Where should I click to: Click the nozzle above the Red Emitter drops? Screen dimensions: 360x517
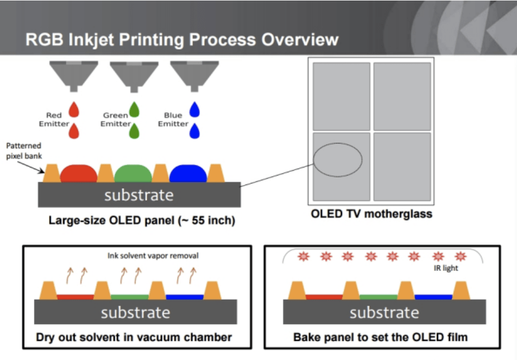point(74,75)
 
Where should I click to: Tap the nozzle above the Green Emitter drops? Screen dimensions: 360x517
point(134,75)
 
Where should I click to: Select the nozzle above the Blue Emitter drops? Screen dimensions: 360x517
point(194,75)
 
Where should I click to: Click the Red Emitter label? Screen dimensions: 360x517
point(54,119)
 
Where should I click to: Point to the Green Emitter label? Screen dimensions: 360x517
point(115,119)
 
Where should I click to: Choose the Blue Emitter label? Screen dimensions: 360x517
point(173,119)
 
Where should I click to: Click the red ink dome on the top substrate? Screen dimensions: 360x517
point(78,174)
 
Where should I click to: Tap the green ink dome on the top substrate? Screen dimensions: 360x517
point(133,174)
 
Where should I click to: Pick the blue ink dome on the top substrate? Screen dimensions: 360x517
point(188,174)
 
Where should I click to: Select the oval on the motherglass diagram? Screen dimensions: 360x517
point(337,159)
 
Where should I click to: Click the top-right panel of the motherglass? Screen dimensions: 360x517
point(402,96)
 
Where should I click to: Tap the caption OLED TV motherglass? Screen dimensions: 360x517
point(371,214)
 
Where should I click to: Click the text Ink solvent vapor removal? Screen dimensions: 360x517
point(153,256)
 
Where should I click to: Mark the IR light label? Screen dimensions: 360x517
point(446,268)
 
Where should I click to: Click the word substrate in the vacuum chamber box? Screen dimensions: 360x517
point(136,312)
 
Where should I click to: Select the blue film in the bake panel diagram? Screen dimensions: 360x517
point(433,297)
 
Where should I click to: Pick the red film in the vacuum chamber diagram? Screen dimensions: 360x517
point(75,297)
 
